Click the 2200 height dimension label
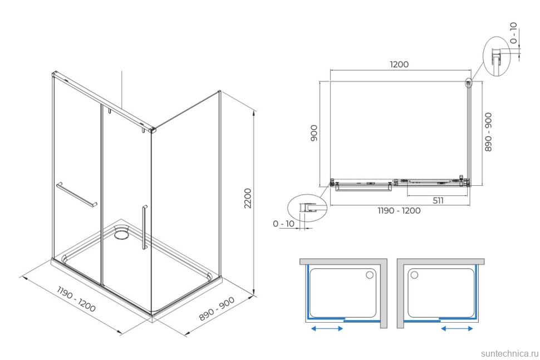(248, 198)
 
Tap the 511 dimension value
(438, 200)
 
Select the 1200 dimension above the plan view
(399, 64)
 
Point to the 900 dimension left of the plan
(314, 133)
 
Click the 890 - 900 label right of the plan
(488, 132)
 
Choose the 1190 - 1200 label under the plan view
(399, 210)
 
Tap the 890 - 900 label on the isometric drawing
(217, 309)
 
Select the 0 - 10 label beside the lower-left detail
(283, 224)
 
